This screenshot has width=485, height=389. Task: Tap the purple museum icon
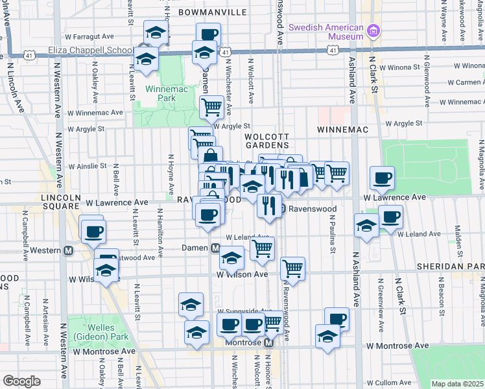point(372,30)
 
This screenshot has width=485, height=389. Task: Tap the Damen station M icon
point(215,248)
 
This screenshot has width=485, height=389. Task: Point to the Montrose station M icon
point(269,342)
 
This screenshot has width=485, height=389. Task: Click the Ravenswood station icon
point(276,209)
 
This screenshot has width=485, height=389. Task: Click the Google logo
point(21,381)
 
